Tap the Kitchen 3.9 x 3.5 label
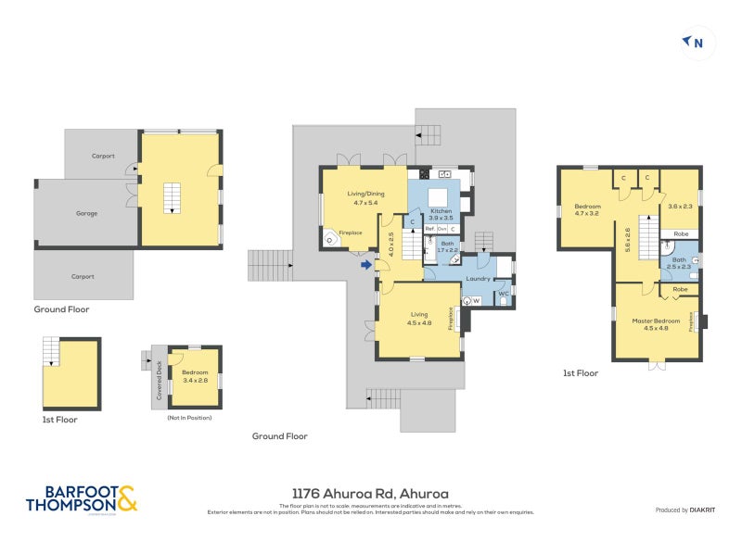[x=441, y=215]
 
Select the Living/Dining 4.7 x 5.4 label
[x=365, y=197]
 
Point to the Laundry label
[x=478, y=278]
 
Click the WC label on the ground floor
[x=504, y=294]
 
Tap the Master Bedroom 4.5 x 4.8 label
[x=656, y=324]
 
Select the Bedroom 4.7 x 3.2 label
[x=587, y=209]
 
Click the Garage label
[x=86, y=213]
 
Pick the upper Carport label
[x=103, y=156]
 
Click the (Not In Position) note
[x=189, y=419]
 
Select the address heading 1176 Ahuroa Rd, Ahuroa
[x=370, y=494]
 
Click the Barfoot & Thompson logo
[x=81, y=498]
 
